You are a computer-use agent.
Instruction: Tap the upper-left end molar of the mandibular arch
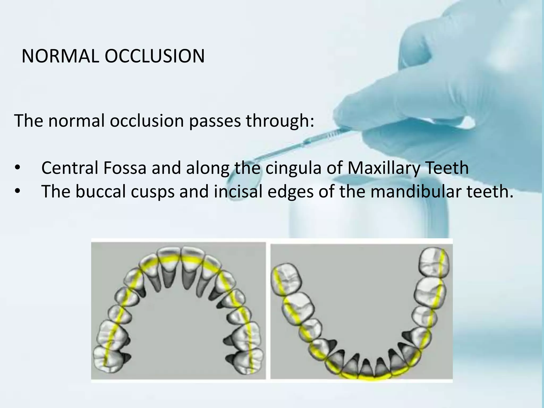coord(286,279)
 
